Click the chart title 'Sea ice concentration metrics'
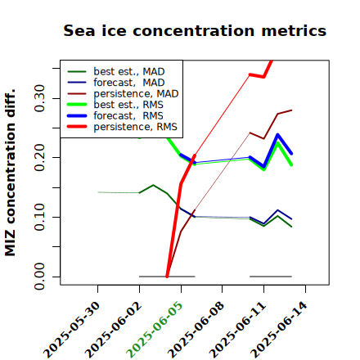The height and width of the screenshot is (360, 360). (x=195, y=30)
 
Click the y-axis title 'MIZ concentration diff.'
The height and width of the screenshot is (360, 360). (x=10, y=173)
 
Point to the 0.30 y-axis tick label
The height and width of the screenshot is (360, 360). (x=39, y=98)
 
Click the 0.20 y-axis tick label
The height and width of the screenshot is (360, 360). (x=39, y=158)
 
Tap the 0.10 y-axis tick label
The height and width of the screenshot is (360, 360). (x=39, y=217)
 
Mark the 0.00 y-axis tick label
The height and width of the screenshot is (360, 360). (x=39, y=277)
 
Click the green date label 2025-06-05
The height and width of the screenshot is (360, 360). (x=155, y=329)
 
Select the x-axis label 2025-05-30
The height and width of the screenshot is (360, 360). (x=71, y=329)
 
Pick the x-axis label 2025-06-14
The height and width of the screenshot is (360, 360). (x=279, y=329)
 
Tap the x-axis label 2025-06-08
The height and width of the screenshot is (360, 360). (x=196, y=329)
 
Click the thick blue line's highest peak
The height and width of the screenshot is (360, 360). (x=277, y=134)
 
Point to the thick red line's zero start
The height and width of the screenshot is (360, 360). (x=167, y=277)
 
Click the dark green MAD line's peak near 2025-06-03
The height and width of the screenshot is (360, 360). (x=153, y=185)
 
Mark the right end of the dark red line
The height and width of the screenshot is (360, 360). (x=291, y=110)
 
